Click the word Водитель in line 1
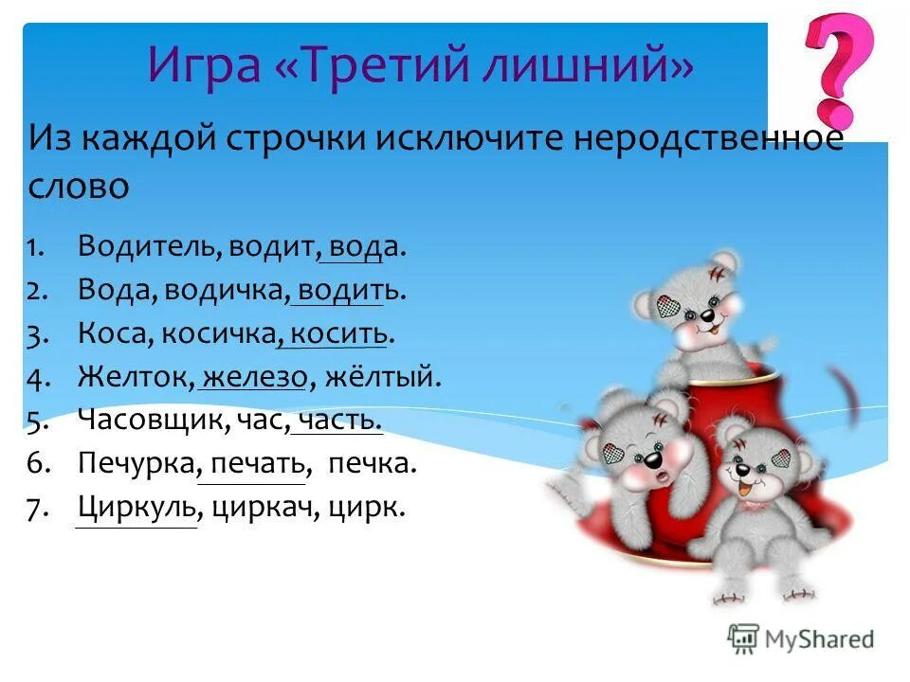(149, 247)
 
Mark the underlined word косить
(338, 334)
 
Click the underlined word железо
(255, 378)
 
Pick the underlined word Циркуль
(136, 509)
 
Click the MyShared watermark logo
(802, 639)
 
